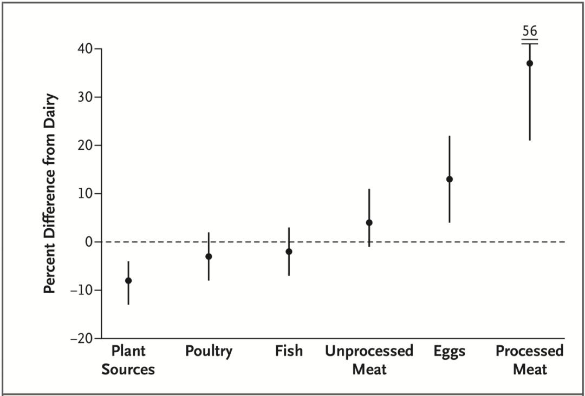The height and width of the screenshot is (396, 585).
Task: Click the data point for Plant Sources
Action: click(128, 280)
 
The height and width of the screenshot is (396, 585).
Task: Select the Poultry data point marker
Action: click(209, 256)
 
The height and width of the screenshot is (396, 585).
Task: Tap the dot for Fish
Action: click(289, 252)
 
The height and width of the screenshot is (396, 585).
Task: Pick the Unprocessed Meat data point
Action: click(369, 222)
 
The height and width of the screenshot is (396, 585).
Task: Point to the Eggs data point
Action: click(450, 179)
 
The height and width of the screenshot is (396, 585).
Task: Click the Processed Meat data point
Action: click(530, 63)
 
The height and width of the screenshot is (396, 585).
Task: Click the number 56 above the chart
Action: click(529, 30)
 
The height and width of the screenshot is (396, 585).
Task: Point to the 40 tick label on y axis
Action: click(86, 49)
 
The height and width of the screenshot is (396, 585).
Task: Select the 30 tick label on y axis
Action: click(86, 97)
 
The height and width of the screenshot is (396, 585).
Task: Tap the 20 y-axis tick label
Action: click(86, 145)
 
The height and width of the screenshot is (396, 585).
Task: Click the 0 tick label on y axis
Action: click(89, 242)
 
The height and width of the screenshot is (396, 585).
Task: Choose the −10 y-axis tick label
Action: click(82, 290)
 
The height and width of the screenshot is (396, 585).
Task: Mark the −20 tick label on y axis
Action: click(82, 338)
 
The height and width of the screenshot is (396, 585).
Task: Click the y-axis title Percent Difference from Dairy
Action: click(50, 194)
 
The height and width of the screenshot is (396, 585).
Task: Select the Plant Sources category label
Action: click(128, 360)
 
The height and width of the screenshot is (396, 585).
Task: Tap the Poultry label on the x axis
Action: click(209, 351)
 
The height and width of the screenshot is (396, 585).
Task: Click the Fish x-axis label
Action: click(289, 351)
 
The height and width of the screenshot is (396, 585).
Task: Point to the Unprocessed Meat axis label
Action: click(369, 360)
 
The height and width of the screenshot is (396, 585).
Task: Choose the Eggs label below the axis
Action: click(449, 352)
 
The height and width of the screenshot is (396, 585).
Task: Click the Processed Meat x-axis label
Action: click(530, 360)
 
